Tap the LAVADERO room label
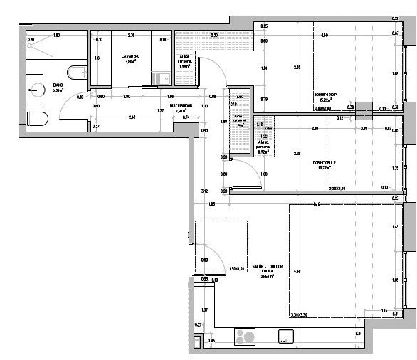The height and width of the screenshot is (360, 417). tap(130, 55)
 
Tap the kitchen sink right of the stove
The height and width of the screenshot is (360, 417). tap(286, 337)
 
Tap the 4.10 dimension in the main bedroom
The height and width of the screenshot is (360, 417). tap(324, 35)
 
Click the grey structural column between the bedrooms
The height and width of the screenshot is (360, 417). tap(364, 110)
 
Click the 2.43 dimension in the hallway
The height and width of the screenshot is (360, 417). tap(132, 117)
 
